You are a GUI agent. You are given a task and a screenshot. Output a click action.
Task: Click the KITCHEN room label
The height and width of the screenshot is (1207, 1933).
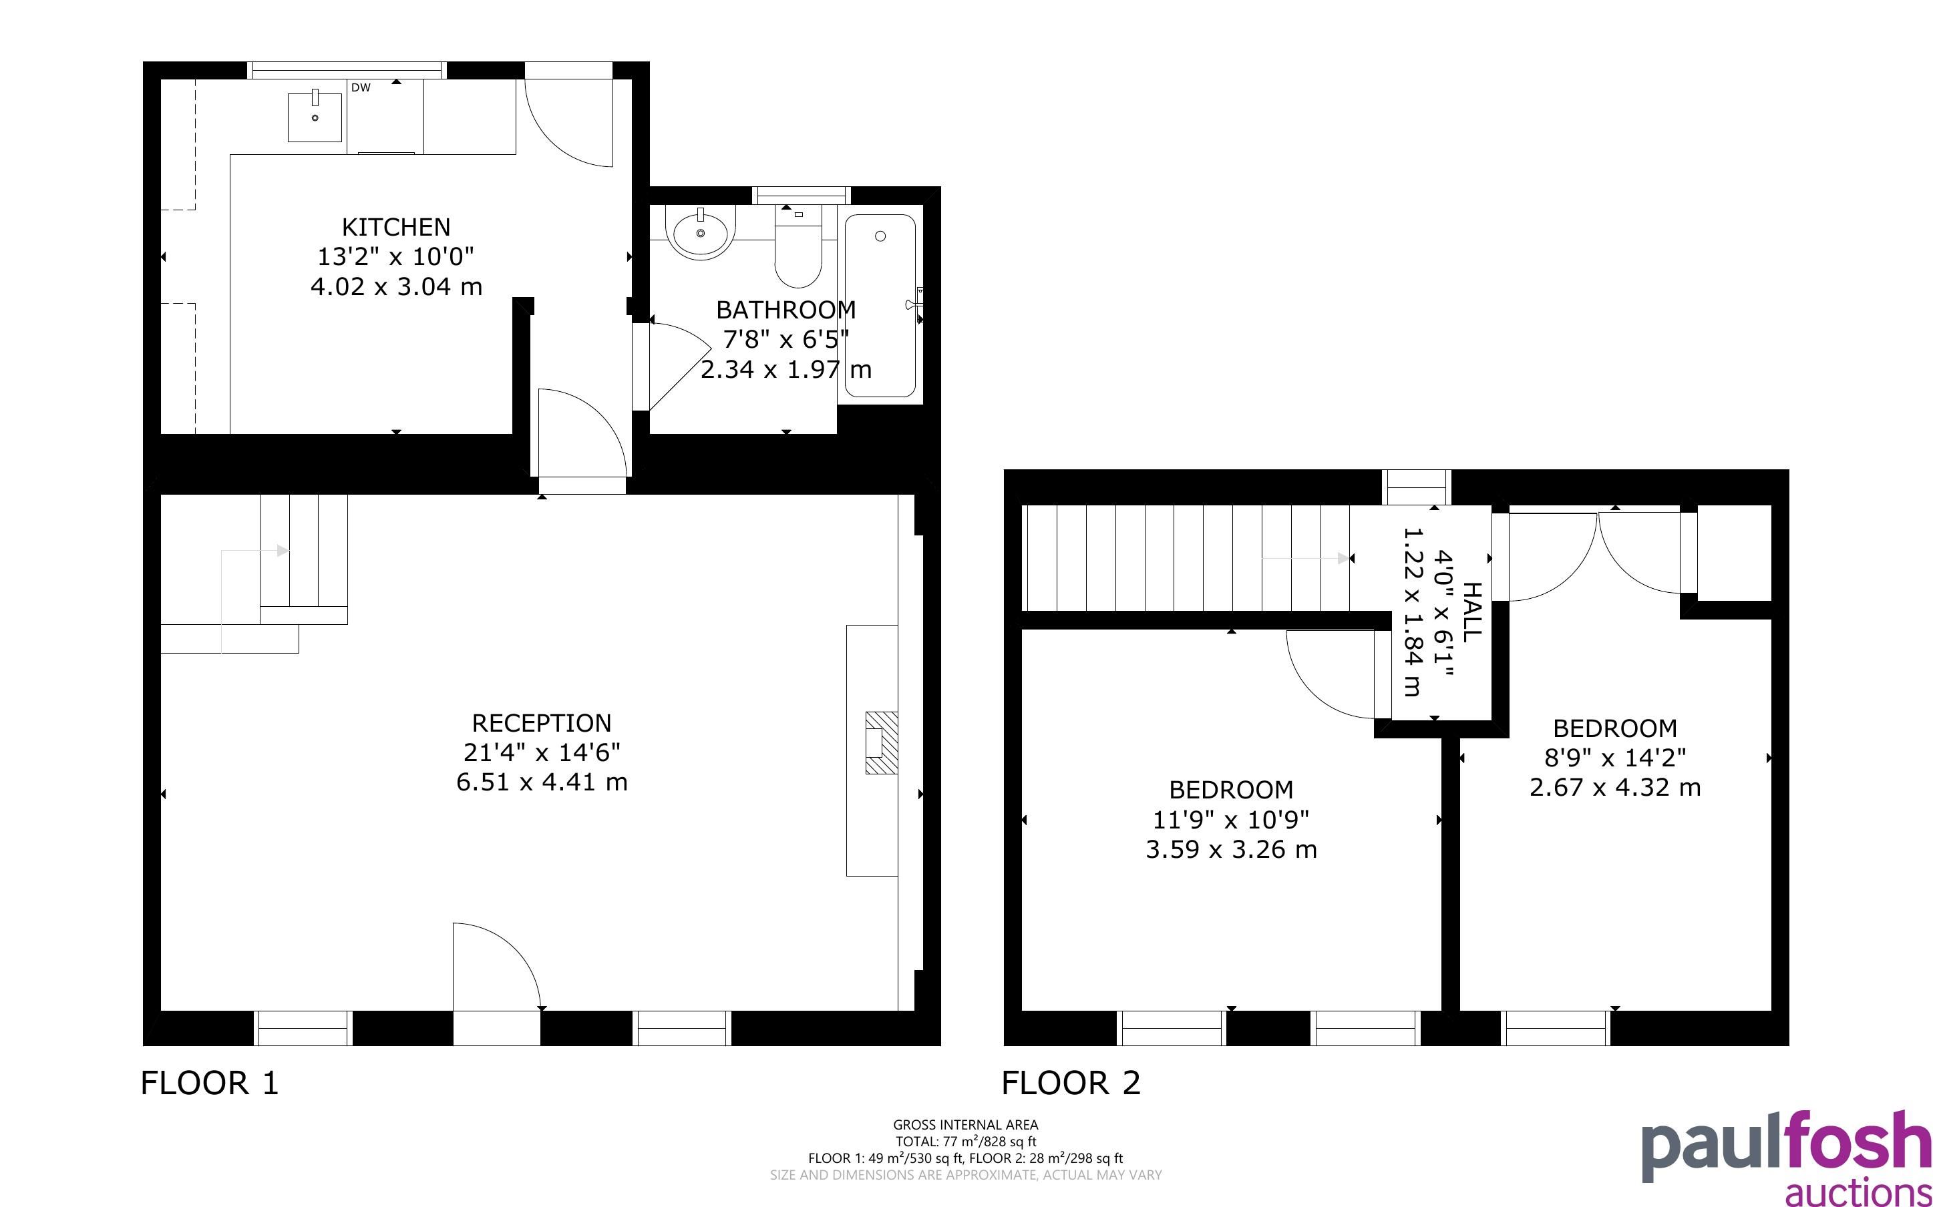[x=396, y=228]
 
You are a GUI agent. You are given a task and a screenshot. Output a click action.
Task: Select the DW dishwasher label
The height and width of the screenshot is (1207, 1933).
[x=361, y=88]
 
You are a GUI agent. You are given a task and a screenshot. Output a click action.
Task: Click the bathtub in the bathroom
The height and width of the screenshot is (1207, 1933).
[x=880, y=305]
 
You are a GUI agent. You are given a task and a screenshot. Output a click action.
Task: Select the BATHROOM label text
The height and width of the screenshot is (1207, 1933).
[x=785, y=310]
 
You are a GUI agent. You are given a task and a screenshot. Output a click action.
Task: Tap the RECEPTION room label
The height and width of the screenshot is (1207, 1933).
[x=541, y=723]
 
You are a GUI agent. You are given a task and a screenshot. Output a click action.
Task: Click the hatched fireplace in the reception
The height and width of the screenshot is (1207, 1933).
[x=882, y=742]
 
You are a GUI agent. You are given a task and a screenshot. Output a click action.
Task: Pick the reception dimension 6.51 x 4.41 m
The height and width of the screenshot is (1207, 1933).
[x=541, y=782]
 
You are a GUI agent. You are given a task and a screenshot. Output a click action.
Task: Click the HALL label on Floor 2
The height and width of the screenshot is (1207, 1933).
[x=1471, y=612]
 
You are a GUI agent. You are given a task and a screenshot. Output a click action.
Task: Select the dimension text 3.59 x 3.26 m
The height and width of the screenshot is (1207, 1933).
[x=1231, y=849]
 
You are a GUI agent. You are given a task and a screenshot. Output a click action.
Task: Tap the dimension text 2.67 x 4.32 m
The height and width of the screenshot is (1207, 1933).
[x=1615, y=788]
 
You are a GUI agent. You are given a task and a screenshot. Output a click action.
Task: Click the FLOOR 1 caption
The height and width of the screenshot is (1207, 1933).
[x=210, y=1083]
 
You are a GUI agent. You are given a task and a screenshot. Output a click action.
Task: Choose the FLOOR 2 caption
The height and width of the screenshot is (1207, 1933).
[x=1071, y=1083]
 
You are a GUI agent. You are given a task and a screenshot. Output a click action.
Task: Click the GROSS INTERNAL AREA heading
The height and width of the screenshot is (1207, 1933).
[x=966, y=1125]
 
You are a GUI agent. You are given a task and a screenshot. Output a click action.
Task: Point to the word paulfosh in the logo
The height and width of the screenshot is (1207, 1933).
[x=1787, y=1146]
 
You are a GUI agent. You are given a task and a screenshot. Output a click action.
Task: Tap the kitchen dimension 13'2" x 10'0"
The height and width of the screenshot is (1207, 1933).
[x=396, y=257]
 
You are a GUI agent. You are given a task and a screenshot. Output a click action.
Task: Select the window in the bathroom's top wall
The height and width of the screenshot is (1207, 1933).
[x=801, y=194]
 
